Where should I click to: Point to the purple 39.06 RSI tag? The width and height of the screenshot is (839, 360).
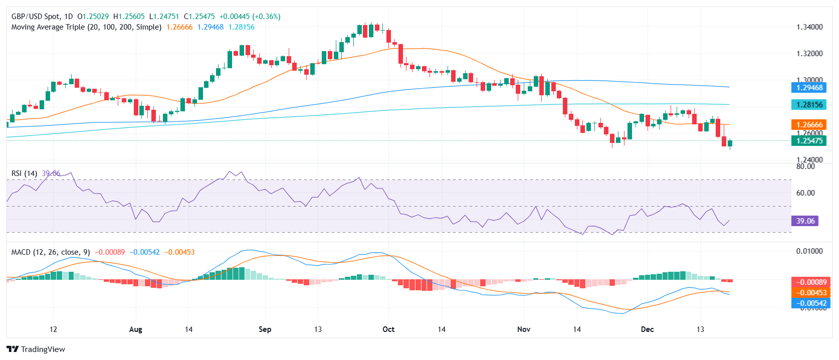coord(805,221)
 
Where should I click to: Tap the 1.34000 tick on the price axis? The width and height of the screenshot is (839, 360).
coord(809,27)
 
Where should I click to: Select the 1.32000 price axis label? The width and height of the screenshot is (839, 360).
coord(809,54)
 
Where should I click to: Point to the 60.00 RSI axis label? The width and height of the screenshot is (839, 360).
coord(805,193)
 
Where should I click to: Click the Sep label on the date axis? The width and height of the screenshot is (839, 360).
coord(265,329)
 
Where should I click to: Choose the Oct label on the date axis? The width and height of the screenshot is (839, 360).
coord(388,329)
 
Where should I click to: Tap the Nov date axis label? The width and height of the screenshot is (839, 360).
coord(524,329)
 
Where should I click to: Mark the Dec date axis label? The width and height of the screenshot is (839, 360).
coord(648,329)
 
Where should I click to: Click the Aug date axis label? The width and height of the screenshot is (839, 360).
coord(136,329)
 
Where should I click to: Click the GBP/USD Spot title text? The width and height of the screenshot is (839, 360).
coord(35,17)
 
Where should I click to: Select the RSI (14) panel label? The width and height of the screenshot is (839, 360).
coord(24,173)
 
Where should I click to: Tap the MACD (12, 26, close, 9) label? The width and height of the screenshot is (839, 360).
coord(51,252)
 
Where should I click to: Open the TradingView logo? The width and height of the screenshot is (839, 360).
coord(36,349)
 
